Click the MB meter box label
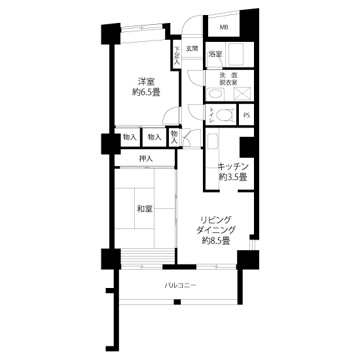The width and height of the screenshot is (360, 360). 224,27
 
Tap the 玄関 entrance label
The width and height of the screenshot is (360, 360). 192,48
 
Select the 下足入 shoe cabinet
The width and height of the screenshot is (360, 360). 176,55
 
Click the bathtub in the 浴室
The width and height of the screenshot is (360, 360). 236,54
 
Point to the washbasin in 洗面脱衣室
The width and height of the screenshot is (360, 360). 215,94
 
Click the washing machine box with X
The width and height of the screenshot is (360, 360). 242,94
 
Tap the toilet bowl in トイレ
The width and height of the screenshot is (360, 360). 225,115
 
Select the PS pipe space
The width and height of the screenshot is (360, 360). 247,115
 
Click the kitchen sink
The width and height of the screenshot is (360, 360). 212,141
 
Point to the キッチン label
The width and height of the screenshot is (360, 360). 233,166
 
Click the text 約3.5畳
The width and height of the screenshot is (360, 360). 233,177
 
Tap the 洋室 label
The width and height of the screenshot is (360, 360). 146,82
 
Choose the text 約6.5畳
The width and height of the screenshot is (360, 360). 146,92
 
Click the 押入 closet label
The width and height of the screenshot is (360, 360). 146,158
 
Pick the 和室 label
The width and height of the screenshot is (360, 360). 145,209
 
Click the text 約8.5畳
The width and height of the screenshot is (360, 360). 216,241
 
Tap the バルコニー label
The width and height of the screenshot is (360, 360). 181,285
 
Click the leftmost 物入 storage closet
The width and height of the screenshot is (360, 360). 130,137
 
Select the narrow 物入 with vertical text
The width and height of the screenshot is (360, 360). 174,137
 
